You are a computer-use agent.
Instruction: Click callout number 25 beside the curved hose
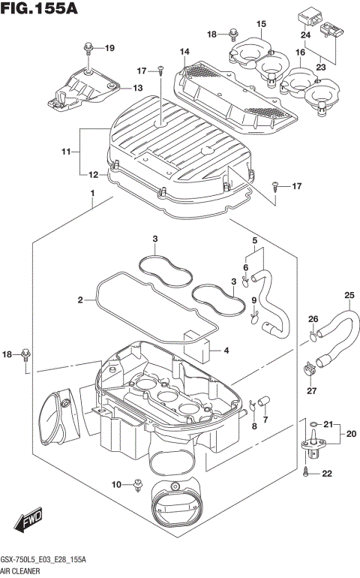349,294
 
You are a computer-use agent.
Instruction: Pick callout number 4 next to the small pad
227,350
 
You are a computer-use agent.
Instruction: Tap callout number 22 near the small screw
326,473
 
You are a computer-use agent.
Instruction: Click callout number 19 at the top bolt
109,49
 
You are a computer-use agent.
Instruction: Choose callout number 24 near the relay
305,35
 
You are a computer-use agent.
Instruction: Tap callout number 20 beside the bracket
350,434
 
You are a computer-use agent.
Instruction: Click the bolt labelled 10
138,484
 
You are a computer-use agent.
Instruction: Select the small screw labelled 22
307,473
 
